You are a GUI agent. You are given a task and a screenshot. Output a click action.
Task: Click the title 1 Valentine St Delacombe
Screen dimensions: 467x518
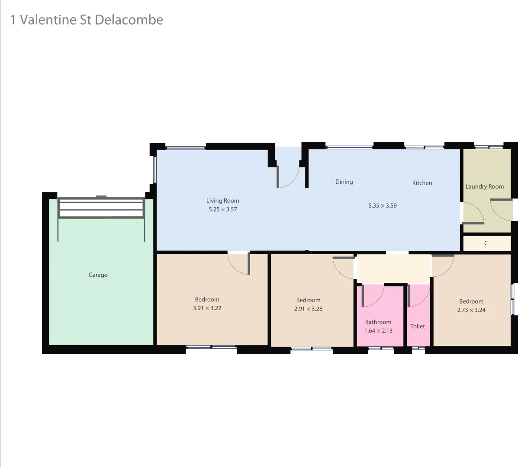coord(87,20)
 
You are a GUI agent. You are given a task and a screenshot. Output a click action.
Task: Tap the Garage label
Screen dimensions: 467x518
coord(98,275)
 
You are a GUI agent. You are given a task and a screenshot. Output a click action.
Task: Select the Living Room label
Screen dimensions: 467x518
coord(222,201)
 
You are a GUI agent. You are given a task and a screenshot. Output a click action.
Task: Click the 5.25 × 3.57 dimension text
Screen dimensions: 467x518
coord(222,209)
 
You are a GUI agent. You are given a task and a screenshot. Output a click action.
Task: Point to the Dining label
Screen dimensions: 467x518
coord(344,182)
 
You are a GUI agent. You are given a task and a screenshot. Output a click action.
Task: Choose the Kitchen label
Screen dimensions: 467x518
coord(422,183)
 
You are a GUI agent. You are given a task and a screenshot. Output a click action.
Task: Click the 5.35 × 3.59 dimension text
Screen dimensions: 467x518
coord(383,206)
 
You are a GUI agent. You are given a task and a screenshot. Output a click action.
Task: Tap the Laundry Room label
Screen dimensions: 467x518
coord(485,187)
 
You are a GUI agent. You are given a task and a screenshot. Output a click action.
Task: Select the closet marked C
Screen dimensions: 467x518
coord(486,243)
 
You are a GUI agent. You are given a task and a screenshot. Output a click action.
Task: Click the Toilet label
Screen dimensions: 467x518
coord(418,326)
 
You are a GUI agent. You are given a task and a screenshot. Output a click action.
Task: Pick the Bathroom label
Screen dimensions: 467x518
coord(378,322)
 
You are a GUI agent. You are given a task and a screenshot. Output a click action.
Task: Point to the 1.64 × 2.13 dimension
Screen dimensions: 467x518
coord(378,331)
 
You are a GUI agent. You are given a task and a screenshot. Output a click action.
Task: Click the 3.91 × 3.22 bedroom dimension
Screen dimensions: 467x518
coord(207,308)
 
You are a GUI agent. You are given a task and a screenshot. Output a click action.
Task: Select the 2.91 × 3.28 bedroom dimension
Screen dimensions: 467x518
coord(308,309)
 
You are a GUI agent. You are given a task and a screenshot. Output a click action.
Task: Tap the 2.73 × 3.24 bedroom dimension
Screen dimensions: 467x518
coord(471,310)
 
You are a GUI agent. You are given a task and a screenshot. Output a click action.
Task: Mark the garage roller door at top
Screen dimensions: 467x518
coord(101,208)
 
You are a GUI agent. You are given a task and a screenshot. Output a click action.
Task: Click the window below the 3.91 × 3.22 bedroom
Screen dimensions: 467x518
coord(211,347)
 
